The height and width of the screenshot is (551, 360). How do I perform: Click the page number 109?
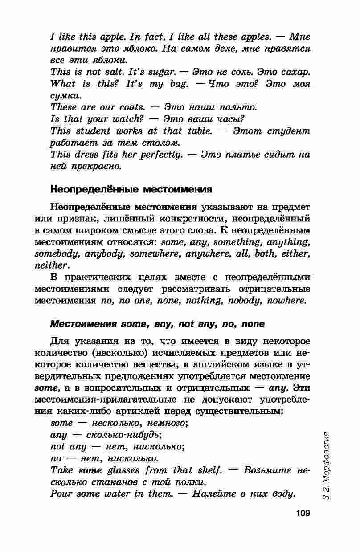303,513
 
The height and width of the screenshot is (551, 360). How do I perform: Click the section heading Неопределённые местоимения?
131,189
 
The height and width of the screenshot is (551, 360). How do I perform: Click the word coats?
132,107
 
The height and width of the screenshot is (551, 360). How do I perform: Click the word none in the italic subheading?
252,324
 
